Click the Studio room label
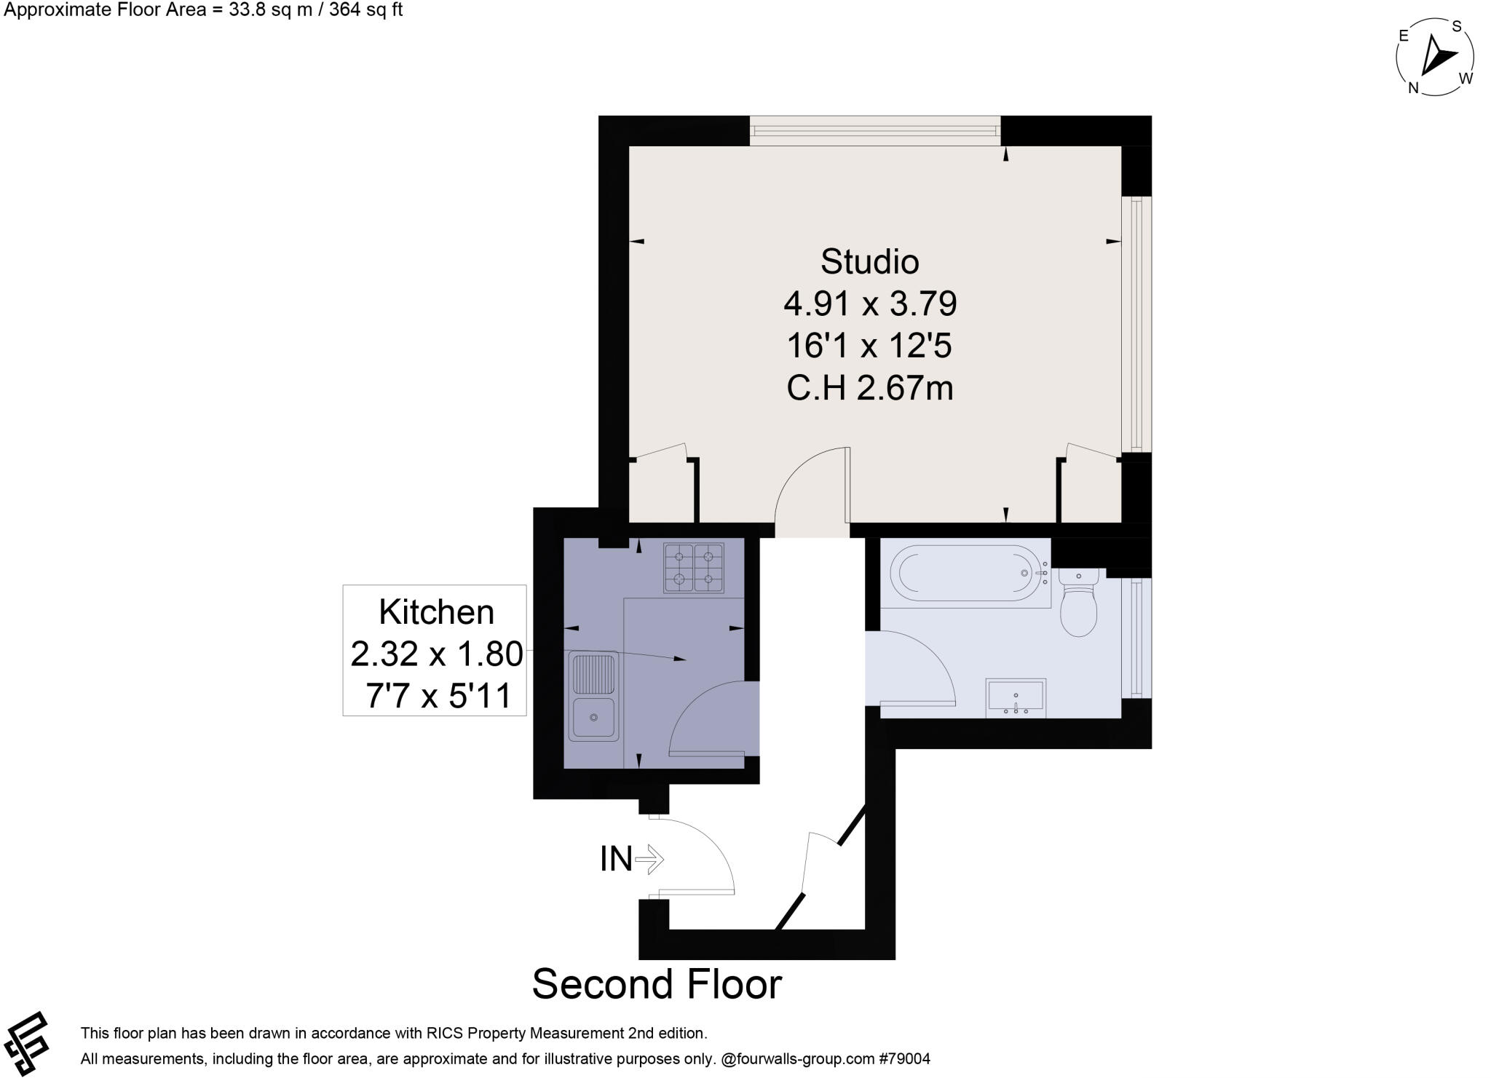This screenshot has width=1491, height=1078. [869, 262]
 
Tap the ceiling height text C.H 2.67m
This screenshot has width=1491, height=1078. [869, 388]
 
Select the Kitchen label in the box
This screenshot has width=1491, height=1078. [436, 612]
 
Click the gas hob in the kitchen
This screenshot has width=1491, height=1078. [693, 567]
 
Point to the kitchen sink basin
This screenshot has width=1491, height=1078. [593, 717]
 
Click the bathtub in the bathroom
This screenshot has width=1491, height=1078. [965, 573]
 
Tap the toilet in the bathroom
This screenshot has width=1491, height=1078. [1078, 604]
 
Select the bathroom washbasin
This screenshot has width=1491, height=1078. [1016, 697]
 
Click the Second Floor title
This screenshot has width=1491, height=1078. [657, 984]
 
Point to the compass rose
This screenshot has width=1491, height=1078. [1435, 57]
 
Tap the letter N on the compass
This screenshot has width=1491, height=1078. [1413, 88]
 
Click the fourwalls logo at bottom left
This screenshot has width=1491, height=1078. [26, 1043]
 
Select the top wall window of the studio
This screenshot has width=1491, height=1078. [875, 131]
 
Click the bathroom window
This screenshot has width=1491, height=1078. [1136, 638]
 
